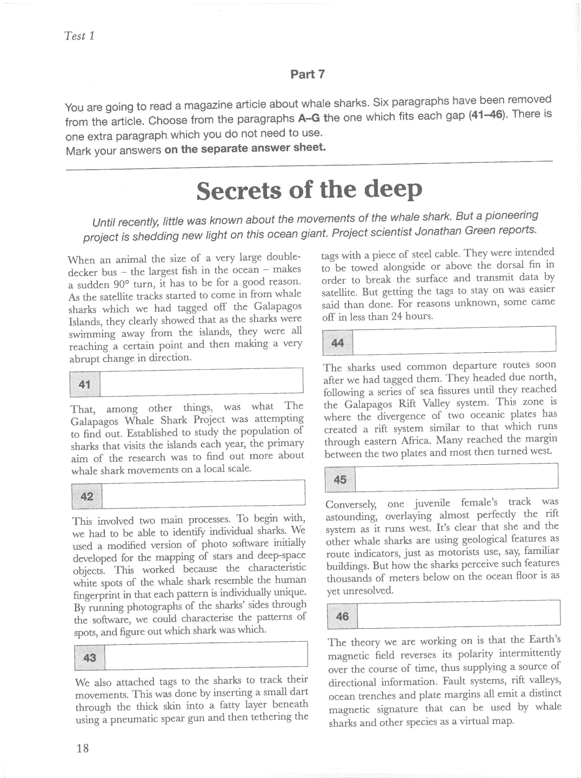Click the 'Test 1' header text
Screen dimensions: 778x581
click(79, 36)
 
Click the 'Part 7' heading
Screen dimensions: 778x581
click(308, 74)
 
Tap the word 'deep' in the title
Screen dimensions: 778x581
click(393, 189)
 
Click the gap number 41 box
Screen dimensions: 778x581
click(85, 385)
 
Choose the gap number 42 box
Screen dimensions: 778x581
click(86, 497)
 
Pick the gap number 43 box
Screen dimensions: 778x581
click(90, 657)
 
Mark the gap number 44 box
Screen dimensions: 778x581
click(338, 342)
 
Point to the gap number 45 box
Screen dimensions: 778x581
click(340, 480)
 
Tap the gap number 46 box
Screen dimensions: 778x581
click(343, 616)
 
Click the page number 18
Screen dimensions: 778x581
click(83, 748)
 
